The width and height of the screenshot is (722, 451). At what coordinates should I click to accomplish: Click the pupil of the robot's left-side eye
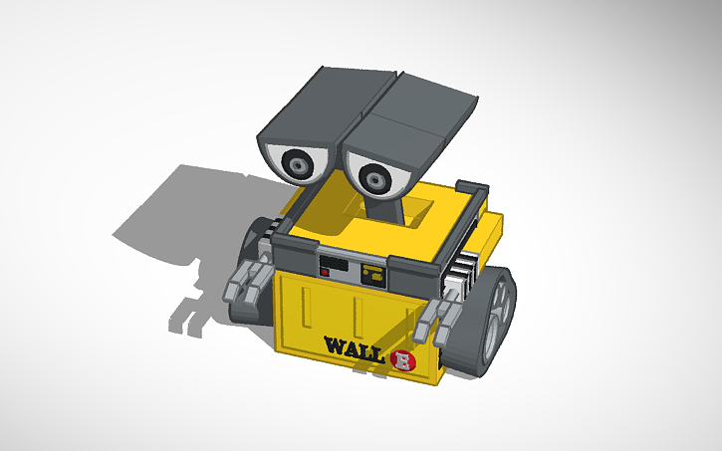(300, 161)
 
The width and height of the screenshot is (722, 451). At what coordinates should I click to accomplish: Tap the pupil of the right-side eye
(374, 180)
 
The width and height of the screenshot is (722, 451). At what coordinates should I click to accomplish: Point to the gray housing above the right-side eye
(408, 119)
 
